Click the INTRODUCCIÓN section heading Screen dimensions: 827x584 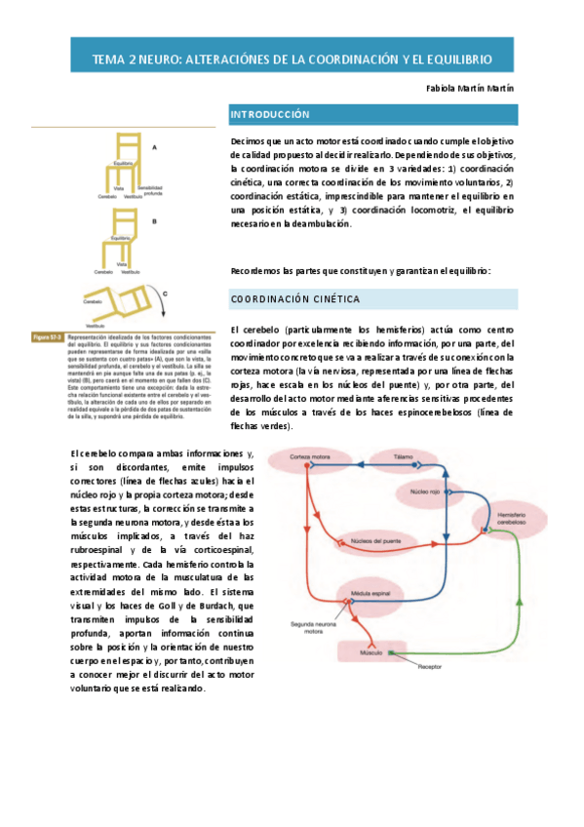269,115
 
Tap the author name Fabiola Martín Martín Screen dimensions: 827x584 471,88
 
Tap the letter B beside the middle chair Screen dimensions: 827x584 154,221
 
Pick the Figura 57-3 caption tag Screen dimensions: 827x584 47,337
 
